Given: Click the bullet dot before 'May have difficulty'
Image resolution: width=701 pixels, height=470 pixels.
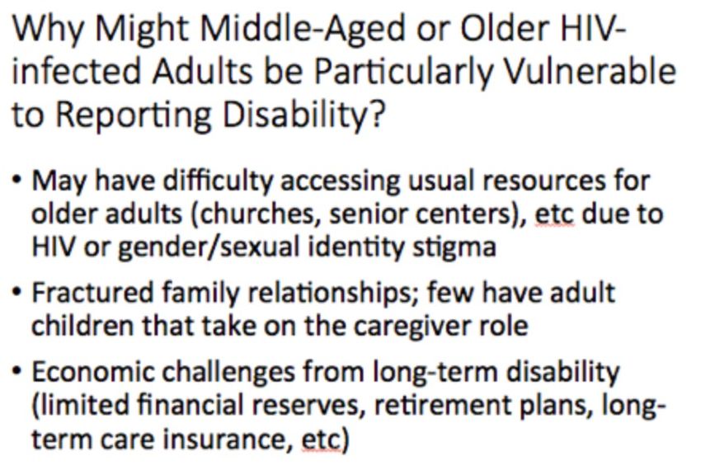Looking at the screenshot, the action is click(17, 181).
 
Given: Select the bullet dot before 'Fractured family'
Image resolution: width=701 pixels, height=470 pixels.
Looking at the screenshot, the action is click(17, 293).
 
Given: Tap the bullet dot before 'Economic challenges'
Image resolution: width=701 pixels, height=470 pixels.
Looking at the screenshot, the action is click(17, 371).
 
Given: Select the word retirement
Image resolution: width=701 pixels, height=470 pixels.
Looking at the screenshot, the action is click(437, 405).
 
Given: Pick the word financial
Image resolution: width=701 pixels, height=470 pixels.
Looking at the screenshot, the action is click(190, 405).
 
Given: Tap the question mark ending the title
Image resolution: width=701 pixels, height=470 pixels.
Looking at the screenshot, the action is click(378, 115).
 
